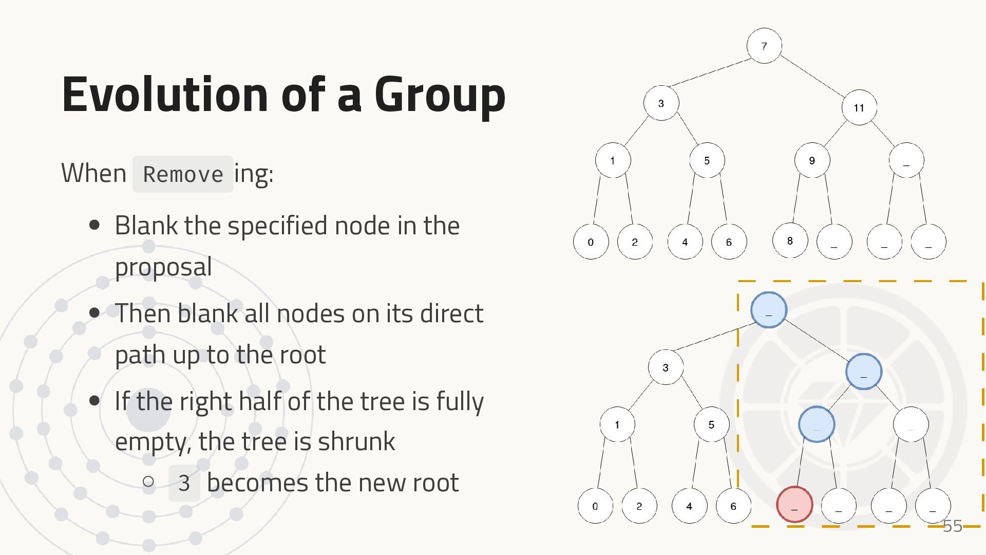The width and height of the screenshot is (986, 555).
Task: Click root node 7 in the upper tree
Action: pos(764,46)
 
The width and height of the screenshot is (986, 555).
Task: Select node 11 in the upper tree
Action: pos(859,107)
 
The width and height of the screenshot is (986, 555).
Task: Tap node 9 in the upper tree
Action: pos(811,160)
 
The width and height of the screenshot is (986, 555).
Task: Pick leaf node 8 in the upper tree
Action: pos(790,240)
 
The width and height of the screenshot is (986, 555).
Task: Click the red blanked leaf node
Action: pos(794,505)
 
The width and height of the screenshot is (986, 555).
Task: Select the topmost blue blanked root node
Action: pos(769,310)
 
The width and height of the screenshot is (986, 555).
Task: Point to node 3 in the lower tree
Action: pos(666,367)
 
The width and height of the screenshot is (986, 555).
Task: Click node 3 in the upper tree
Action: pos(661,103)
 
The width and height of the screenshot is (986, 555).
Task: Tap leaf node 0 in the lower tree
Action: pos(595,506)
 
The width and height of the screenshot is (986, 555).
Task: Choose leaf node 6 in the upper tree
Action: pos(729,242)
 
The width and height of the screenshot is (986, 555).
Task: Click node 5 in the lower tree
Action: pos(711,424)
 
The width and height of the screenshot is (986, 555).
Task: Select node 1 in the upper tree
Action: pos(613,160)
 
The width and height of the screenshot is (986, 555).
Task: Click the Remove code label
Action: pos(183,174)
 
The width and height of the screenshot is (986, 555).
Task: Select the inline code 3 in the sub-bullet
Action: pos(184,483)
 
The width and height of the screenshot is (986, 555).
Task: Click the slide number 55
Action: pos(953,526)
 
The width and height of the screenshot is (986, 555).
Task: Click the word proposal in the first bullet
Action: pos(163,267)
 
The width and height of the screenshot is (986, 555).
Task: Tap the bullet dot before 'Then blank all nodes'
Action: pos(94,313)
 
